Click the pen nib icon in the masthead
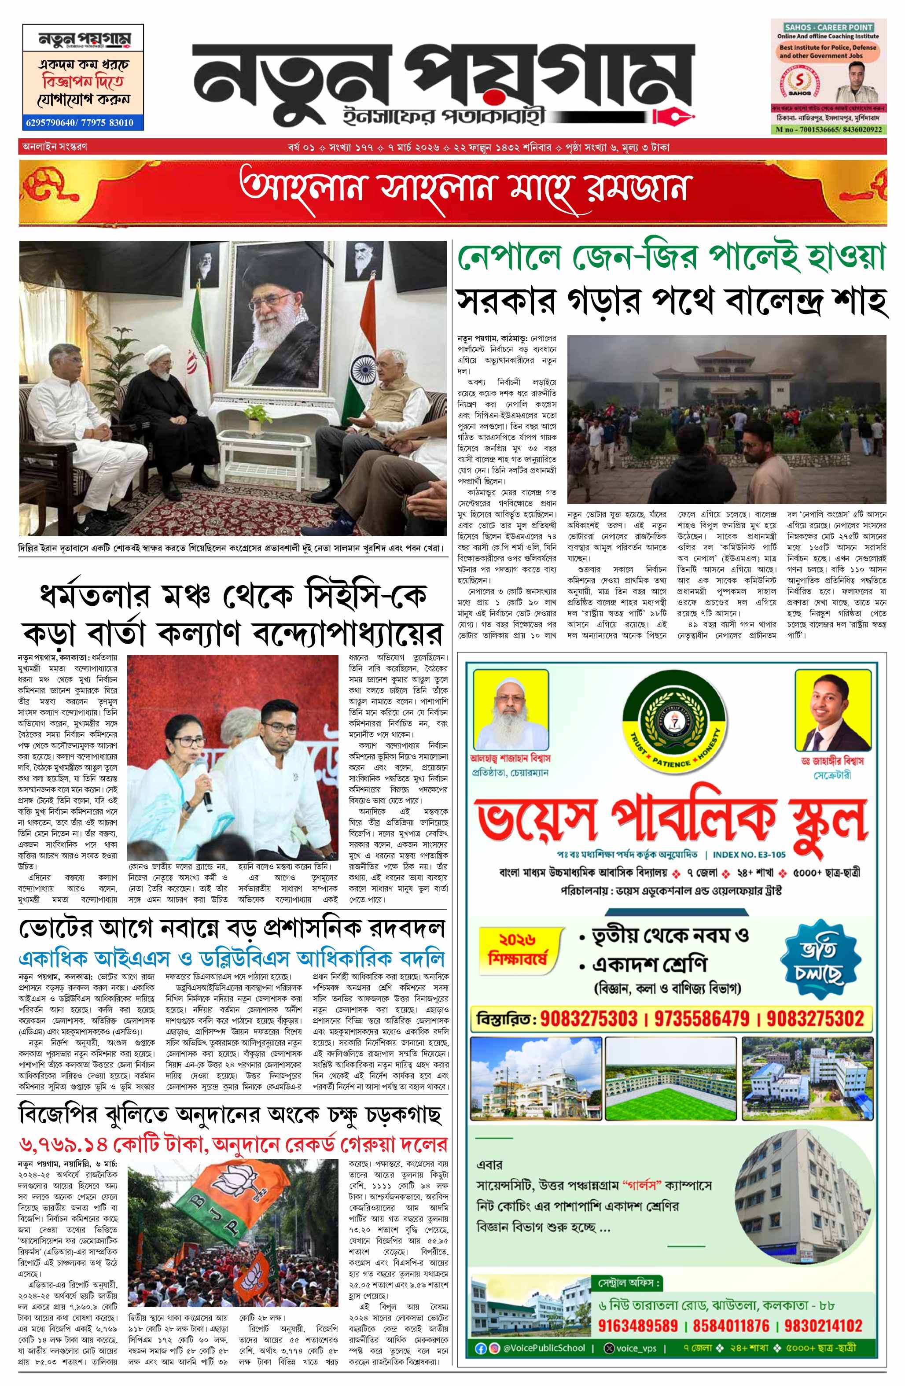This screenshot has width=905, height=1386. click(x=676, y=115)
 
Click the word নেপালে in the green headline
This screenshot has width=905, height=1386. click(x=514, y=258)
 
